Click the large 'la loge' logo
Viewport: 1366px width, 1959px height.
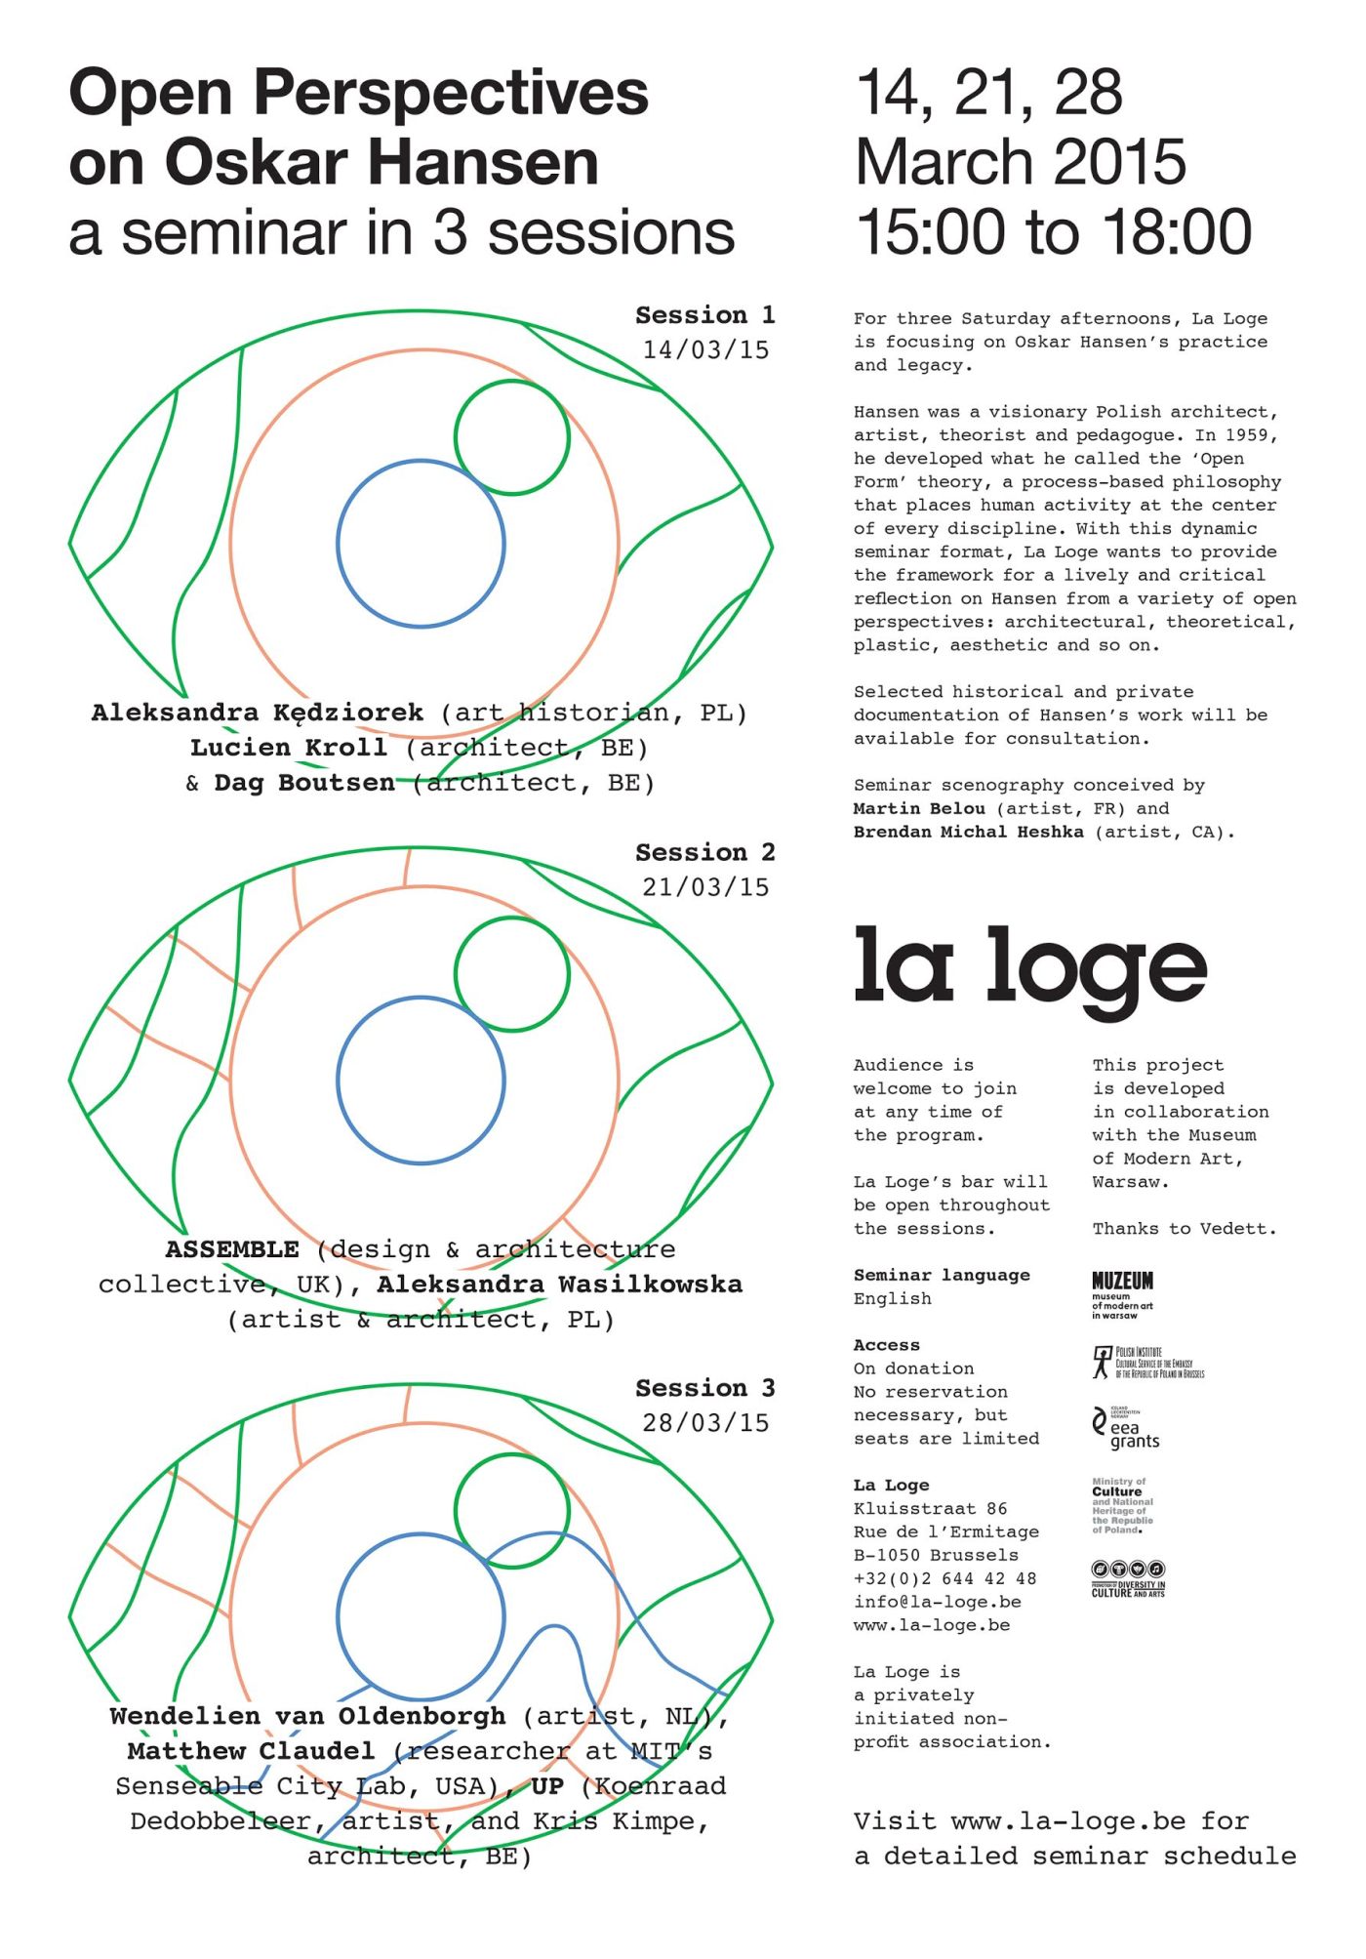point(1029,968)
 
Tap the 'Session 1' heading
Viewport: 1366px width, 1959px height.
point(704,315)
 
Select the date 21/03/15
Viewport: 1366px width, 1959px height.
point(704,887)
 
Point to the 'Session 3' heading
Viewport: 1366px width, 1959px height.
point(704,1388)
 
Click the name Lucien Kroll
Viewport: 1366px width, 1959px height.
point(289,748)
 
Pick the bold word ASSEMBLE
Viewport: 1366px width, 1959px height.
point(232,1249)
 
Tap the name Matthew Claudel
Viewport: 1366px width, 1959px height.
point(251,1751)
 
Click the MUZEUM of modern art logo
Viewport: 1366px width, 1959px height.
point(1122,1294)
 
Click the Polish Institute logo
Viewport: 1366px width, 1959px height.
point(1148,1363)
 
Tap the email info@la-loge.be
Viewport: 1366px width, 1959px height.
point(937,1602)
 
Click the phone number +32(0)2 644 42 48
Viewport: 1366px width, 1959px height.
point(944,1578)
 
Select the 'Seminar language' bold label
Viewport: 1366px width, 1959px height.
point(942,1275)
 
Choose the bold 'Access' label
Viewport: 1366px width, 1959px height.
point(886,1345)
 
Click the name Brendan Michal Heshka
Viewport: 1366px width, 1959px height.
point(968,833)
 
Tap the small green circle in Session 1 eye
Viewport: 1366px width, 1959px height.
point(511,437)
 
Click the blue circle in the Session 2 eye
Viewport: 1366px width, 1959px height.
point(421,1081)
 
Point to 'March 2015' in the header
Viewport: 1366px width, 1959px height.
point(1021,162)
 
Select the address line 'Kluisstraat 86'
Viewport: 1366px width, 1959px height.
point(930,1508)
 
